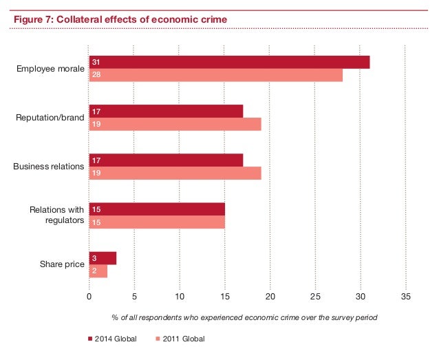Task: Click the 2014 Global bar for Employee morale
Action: pos(229,63)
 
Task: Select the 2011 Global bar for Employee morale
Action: pos(215,75)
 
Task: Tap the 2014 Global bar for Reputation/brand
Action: pos(166,112)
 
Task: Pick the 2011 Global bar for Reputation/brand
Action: pos(175,124)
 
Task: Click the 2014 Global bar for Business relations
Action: pos(166,160)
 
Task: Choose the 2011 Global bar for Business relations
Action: pos(175,173)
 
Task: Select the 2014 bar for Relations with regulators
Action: pos(157,209)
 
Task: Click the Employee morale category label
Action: pos(50,69)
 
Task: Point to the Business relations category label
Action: pos(49,167)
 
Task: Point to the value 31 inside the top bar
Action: pos(96,63)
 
